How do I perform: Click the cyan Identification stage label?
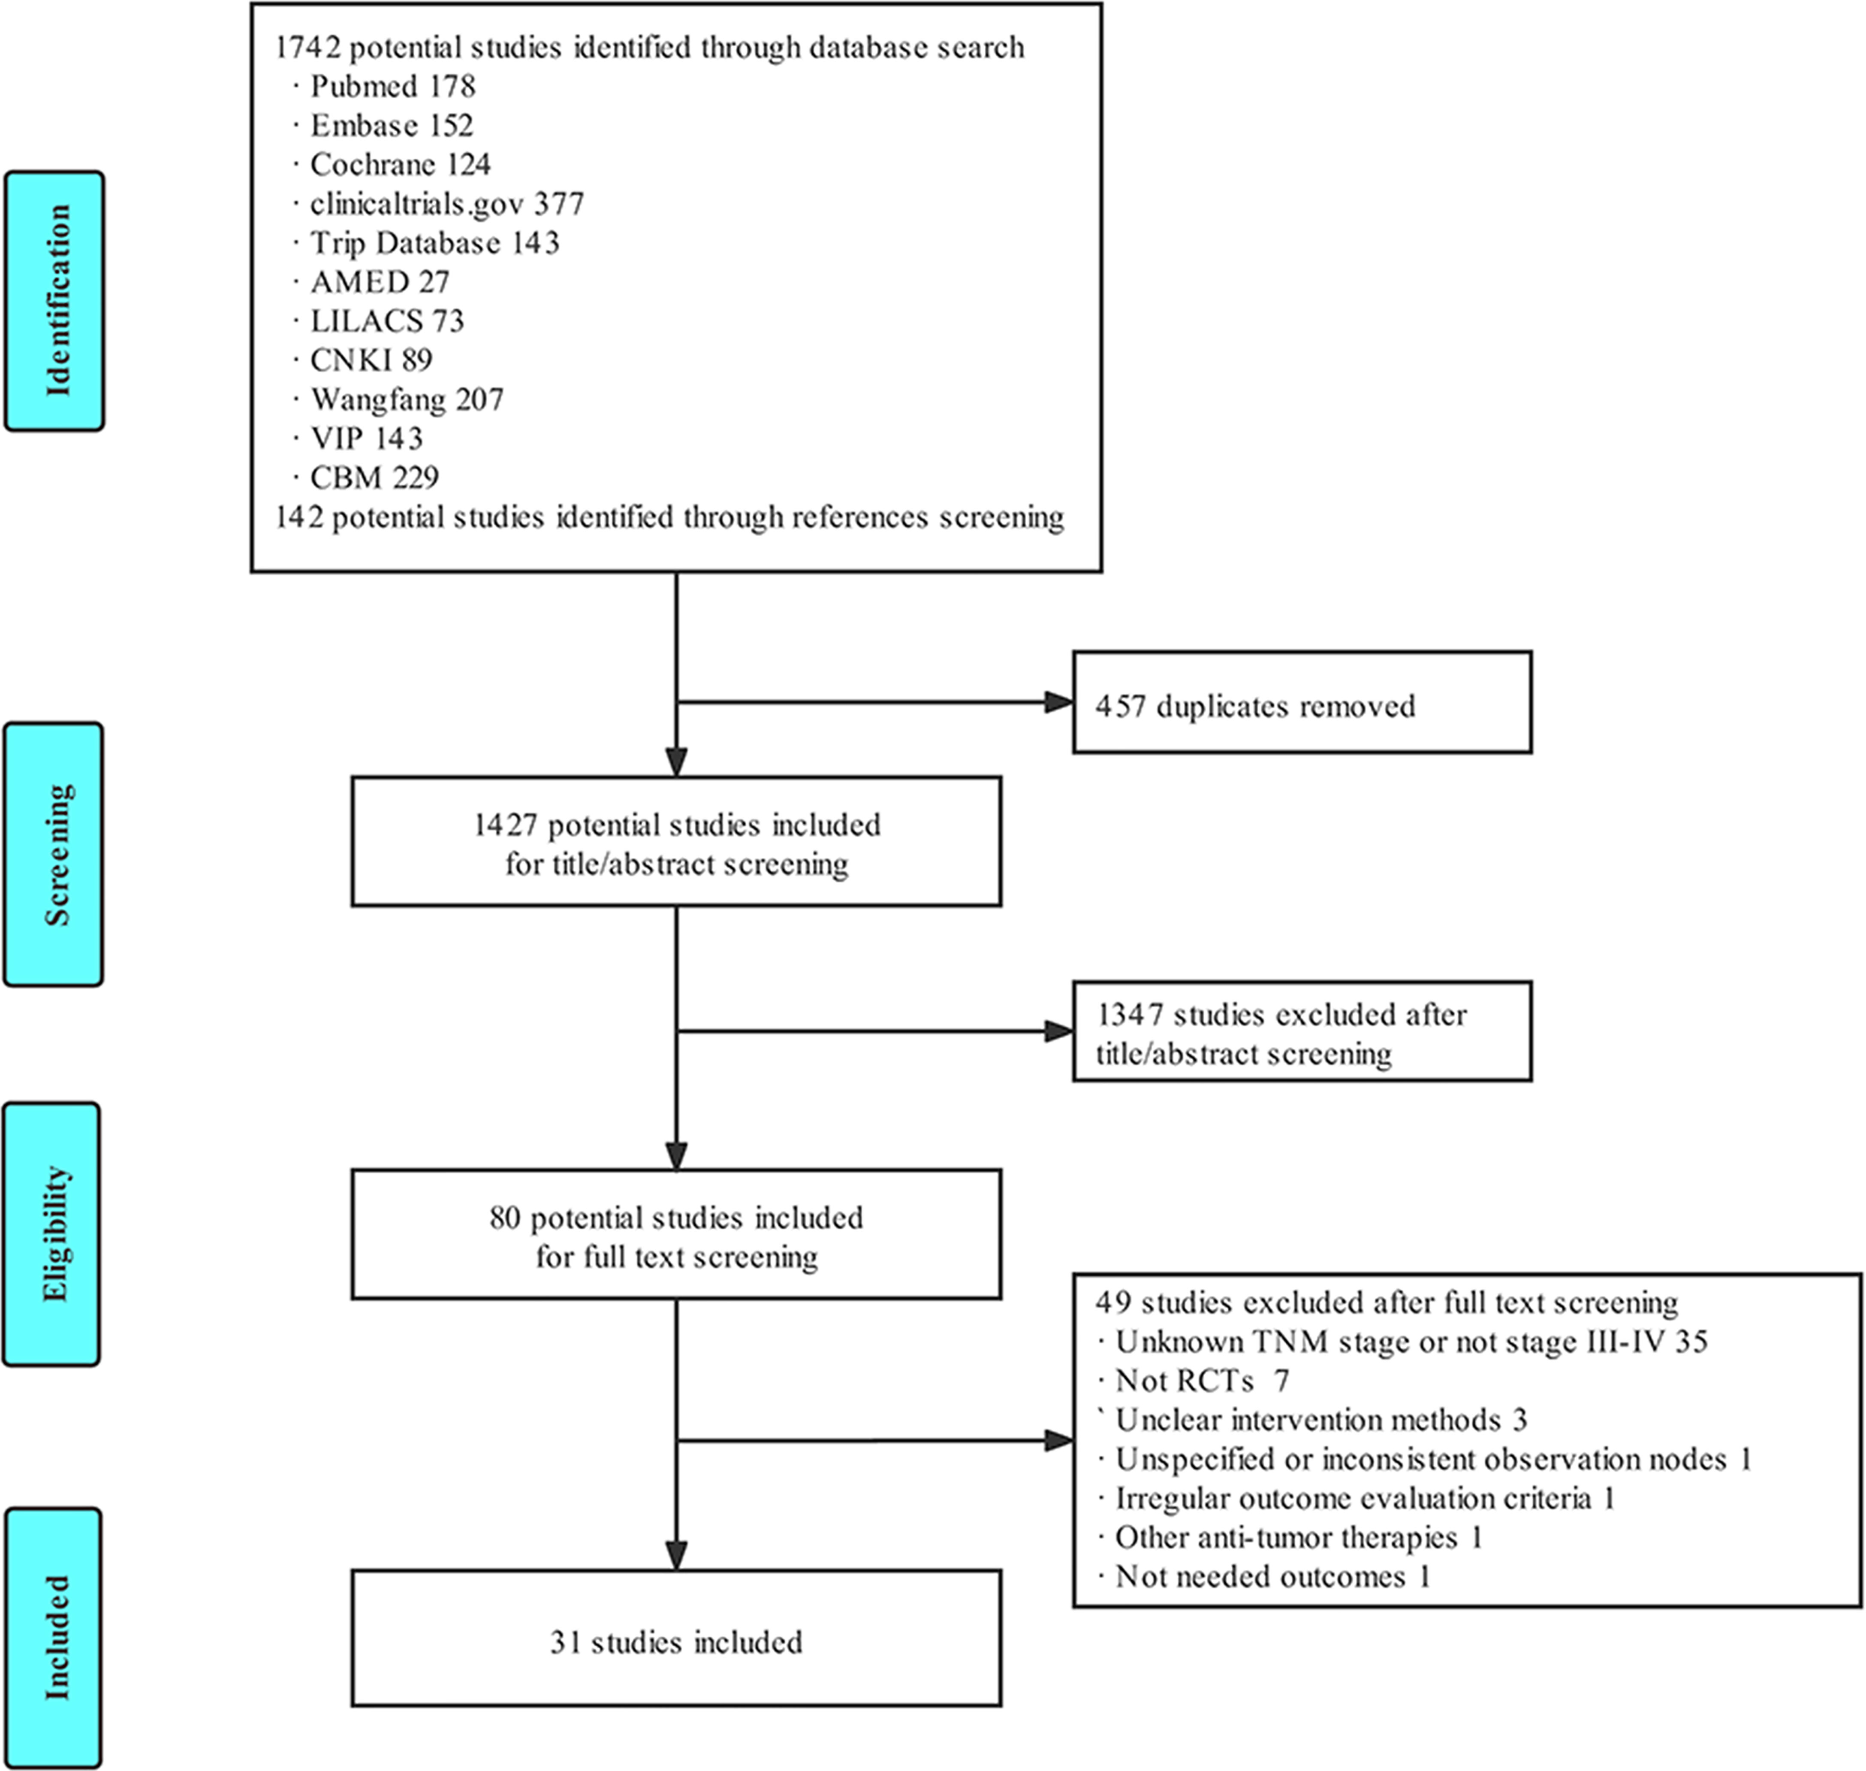(x=55, y=301)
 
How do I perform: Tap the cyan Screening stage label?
(x=54, y=854)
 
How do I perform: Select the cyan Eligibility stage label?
(x=52, y=1234)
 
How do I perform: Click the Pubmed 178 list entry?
(x=393, y=87)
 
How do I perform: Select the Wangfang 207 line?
(x=407, y=399)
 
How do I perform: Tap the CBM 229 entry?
(x=375, y=478)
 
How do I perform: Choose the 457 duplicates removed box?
(x=1302, y=702)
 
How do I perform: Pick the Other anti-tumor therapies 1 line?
(x=1299, y=1538)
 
